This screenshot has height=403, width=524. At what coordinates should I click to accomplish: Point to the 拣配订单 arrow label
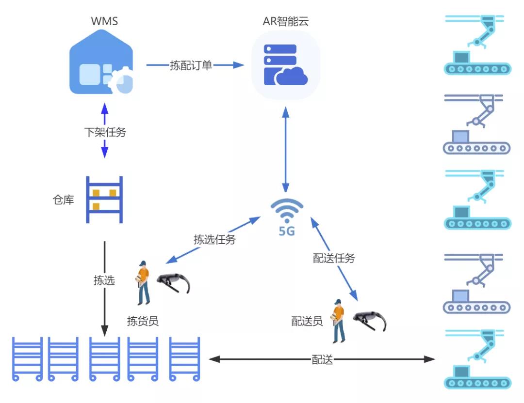[191, 65]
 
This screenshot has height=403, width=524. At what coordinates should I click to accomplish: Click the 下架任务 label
[105, 132]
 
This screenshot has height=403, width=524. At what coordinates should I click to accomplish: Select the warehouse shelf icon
[104, 199]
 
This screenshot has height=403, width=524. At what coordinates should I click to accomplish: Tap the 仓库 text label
[63, 200]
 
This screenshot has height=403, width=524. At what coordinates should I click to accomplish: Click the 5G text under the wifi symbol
[287, 231]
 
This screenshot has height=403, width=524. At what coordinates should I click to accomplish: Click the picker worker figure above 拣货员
[143, 283]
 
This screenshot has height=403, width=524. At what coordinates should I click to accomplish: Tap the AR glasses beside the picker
[173, 283]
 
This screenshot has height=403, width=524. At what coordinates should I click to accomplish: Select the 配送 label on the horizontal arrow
[322, 359]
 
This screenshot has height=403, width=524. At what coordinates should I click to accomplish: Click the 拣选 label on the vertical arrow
[104, 280]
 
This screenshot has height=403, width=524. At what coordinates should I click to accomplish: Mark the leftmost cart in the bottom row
[27, 358]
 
